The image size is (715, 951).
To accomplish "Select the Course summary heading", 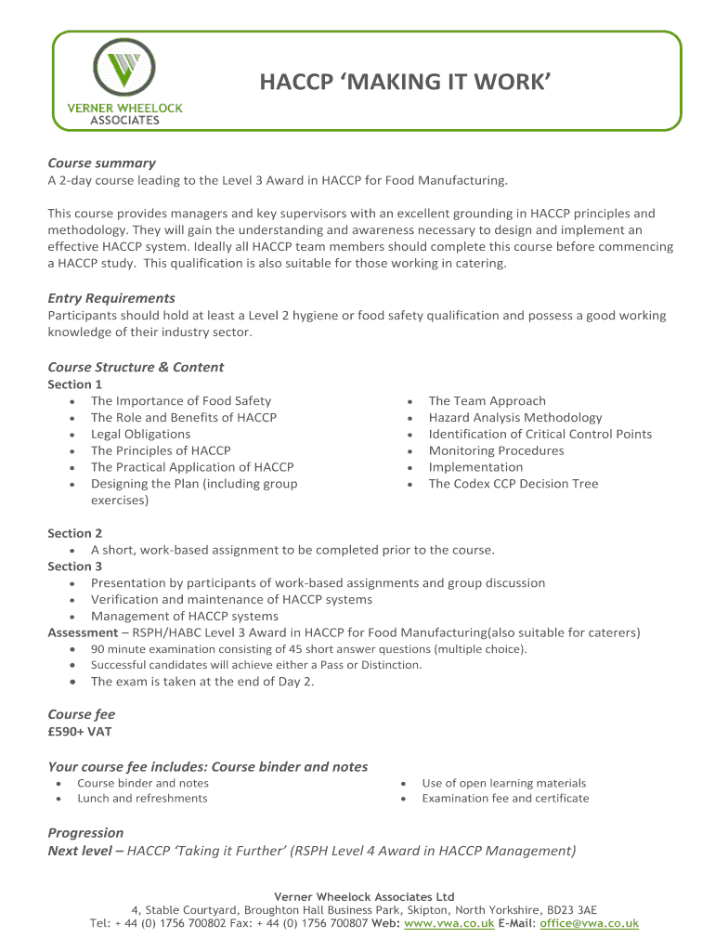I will click(101, 163).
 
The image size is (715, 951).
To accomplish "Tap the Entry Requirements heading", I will click(111, 298).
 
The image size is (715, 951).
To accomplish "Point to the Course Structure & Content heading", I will click(136, 367).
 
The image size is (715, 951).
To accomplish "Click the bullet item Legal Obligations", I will click(140, 434).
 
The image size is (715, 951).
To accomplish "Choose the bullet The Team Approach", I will click(487, 400).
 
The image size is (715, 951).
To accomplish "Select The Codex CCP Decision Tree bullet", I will click(513, 483).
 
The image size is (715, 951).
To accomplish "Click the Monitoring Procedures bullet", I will click(496, 450).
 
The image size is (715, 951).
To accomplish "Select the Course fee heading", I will click(82, 714).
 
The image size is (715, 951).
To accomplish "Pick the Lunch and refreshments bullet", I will click(142, 798).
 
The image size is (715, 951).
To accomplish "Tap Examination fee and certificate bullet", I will click(505, 798).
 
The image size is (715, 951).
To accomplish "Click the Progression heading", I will click(85, 832).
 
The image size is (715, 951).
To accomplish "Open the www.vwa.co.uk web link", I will click(449, 923).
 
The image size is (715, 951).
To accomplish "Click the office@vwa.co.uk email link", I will click(589, 923).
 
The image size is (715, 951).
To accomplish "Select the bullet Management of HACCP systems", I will click(184, 616).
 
